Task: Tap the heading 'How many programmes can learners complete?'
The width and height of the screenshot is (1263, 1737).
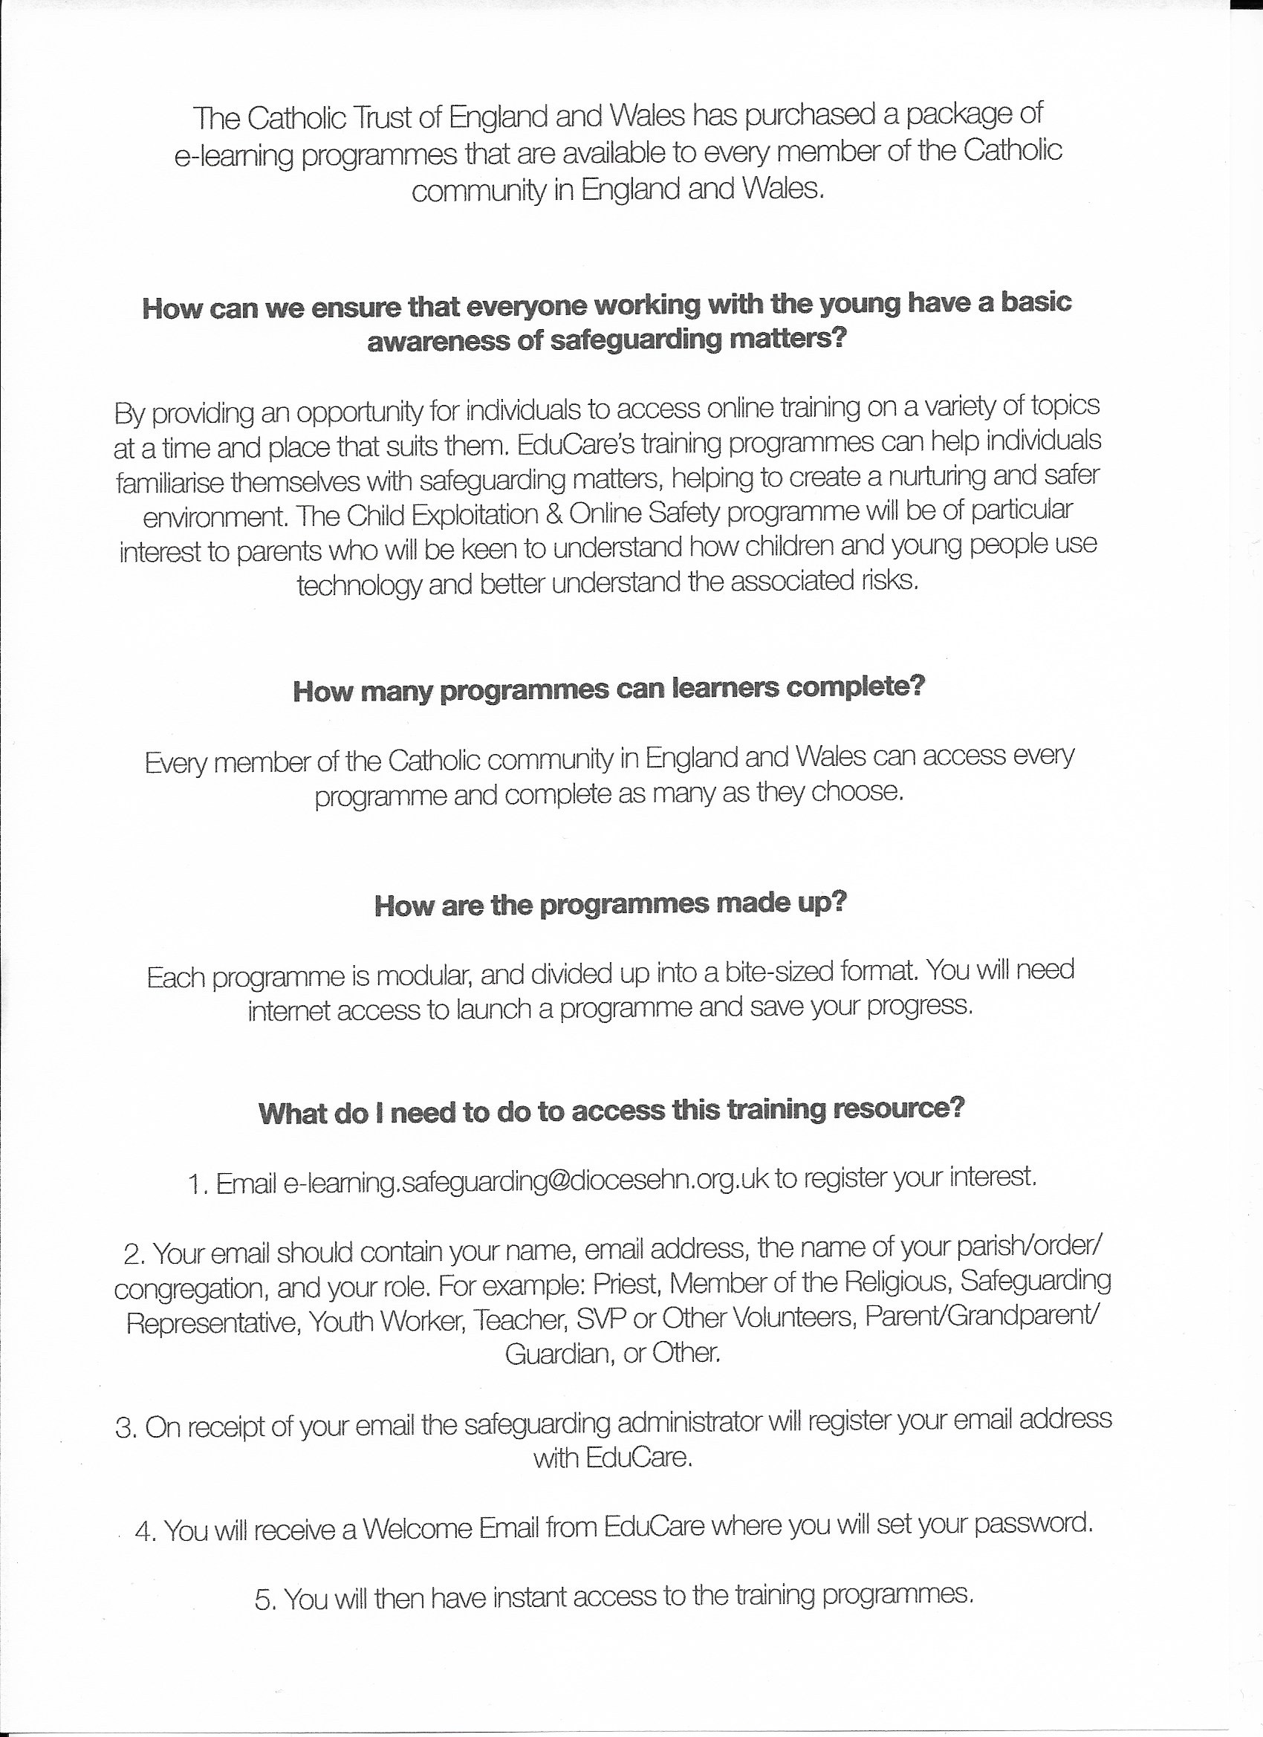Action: pos(609,689)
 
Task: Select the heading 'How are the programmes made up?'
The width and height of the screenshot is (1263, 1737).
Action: pos(610,904)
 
